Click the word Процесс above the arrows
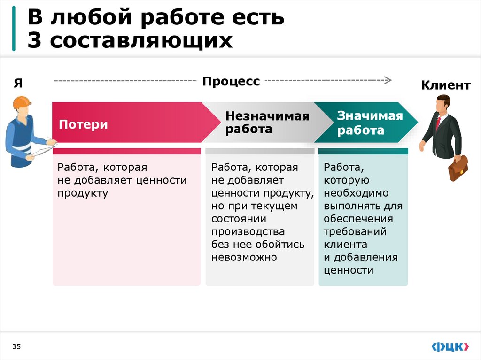(231, 81)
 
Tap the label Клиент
(445, 85)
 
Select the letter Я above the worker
(18, 83)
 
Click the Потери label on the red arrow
(83, 124)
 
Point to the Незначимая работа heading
(267, 123)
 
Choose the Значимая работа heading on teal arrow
(370, 123)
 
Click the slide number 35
(17, 346)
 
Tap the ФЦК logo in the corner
(450, 346)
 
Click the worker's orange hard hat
(22, 102)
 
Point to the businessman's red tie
(438, 123)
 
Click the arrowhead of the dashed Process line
(388, 80)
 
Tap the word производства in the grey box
(248, 232)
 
